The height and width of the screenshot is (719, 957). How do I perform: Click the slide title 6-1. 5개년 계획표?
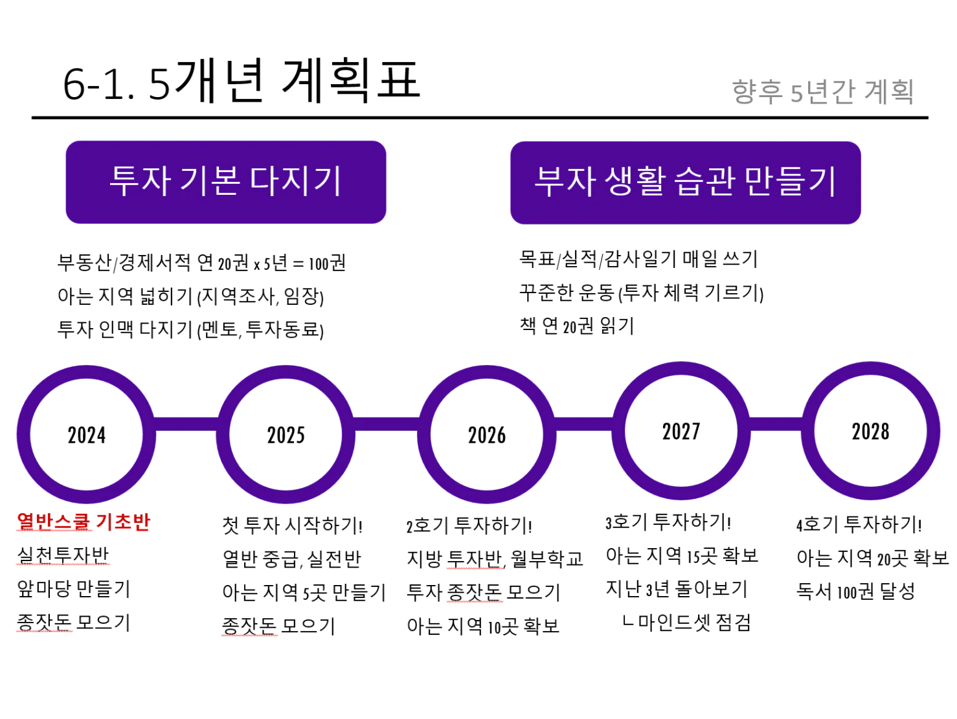point(241,81)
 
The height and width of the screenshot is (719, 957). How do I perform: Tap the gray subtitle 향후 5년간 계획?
point(822,92)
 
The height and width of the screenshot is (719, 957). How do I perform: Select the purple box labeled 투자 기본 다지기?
point(226,182)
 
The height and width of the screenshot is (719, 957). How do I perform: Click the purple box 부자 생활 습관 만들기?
point(686,183)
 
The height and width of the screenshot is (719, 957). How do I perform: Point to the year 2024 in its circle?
point(86,435)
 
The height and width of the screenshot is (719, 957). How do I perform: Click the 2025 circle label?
point(286,435)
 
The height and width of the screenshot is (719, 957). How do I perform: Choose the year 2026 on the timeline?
point(486,435)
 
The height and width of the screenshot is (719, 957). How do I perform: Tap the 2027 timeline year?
point(681,432)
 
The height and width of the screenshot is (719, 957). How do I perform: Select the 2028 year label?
point(870,432)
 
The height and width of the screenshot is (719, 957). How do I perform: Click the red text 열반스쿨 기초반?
point(84,522)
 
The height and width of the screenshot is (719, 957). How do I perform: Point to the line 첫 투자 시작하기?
point(292,525)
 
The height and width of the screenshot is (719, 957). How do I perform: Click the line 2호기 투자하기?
point(469,525)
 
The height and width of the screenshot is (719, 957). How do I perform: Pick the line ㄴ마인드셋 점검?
point(687,623)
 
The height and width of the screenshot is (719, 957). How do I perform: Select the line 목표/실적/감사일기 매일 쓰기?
point(638,260)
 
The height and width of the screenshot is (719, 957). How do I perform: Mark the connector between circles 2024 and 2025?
point(186,424)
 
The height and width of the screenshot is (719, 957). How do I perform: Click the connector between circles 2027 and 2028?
point(776,424)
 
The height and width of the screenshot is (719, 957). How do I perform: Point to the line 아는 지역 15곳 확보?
point(682,555)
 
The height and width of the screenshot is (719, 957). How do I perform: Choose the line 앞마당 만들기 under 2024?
point(74,589)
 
